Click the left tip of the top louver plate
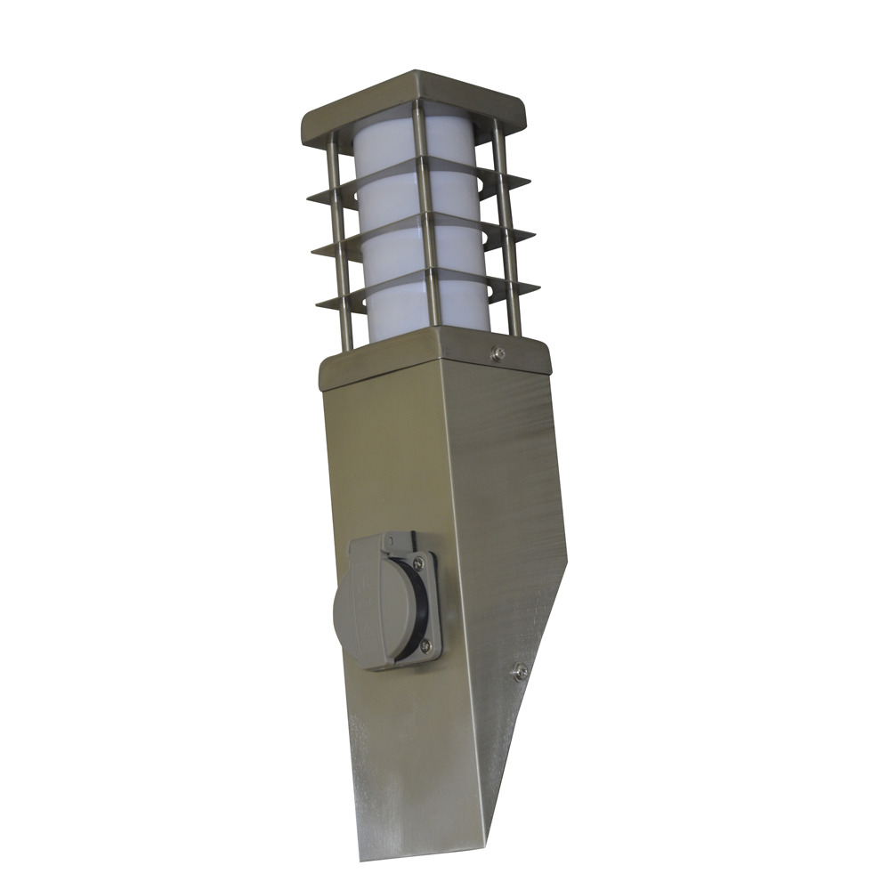pyautogui.click(x=311, y=198)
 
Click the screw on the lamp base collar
pyautogui.click(x=498, y=354)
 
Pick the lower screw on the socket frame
pyautogui.click(x=425, y=644)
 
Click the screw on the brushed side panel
pyautogui.click(x=522, y=670)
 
